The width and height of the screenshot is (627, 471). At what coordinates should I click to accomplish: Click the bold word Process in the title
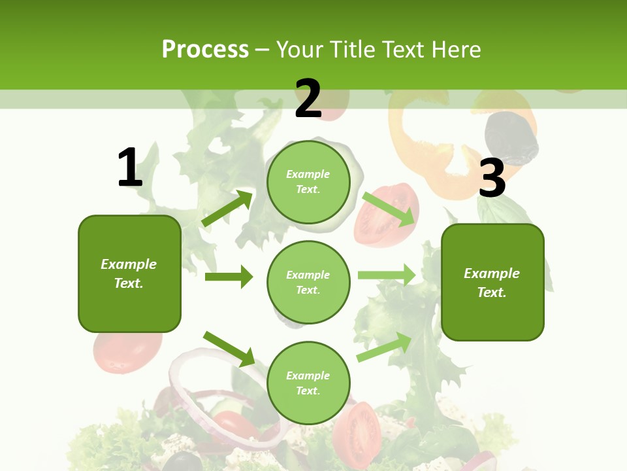pyautogui.click(x=205, y=50)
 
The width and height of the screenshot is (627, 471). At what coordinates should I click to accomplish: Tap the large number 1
pyautogui.click(x=130, y=168)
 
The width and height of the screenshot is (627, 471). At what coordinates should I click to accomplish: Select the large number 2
pyautogui.click(x=308, y=99)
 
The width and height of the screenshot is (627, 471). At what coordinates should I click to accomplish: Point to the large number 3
pyautogui.click(x=492, y=179)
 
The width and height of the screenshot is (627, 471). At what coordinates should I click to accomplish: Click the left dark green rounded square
pyautogui.click(x=129, y=273)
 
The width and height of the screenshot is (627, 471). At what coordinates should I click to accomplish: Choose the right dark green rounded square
pyautogui.click(x=492, y=282)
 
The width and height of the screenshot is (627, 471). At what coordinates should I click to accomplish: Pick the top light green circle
pyautogui.click(x=308, y=181)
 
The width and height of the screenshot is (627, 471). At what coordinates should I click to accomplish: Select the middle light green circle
pyautogui.click(x=308, y=282)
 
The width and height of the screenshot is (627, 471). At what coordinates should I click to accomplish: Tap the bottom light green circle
pyautogui.click(x=308, y=383)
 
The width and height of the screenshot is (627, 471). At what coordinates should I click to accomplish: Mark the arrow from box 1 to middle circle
pyautogui.click(x=229, y=277)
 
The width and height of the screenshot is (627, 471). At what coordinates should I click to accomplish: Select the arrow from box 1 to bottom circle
pyautogui.click(x=229, y=348)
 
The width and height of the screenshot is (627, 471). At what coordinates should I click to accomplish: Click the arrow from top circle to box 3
pyautogui.click(x=389, y=209)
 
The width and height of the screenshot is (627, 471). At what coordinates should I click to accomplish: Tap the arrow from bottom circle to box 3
pyautogui.click(x=385, y=347)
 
